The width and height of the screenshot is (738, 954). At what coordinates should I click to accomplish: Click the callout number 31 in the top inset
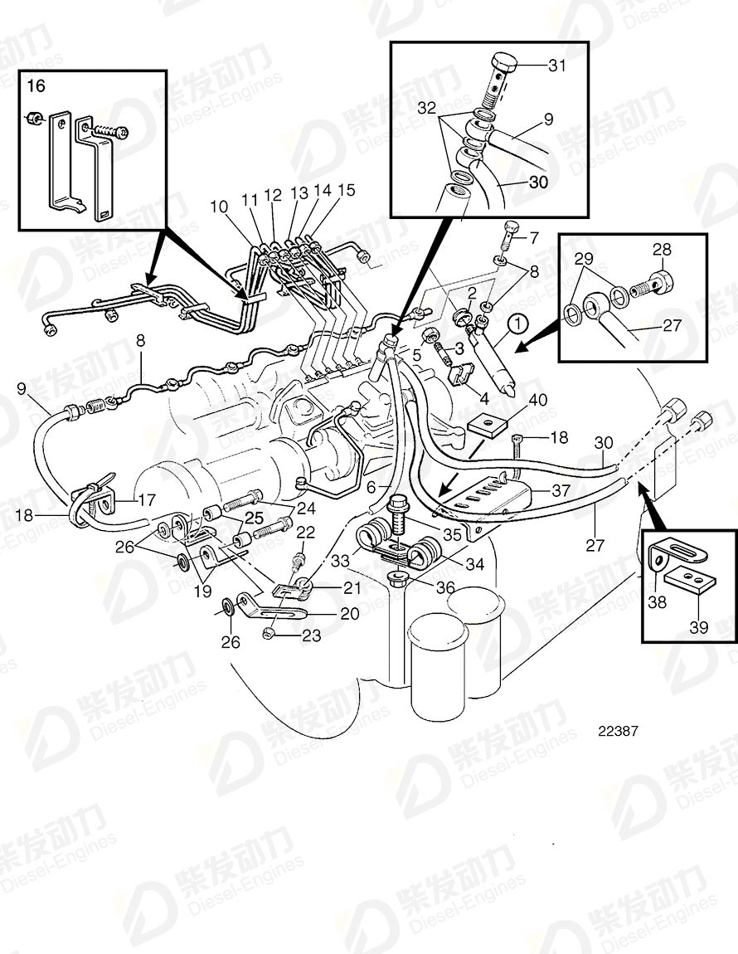pyautogui.click(x=557, y=66)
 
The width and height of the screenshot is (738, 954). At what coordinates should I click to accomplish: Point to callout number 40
pyautogui.click(x=539, y=399)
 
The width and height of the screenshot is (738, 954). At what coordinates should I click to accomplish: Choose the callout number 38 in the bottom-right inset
pyautogui.click(x=657, y=603)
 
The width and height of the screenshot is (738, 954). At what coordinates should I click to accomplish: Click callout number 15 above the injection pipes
pyautogui.click(x=346, y=191)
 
